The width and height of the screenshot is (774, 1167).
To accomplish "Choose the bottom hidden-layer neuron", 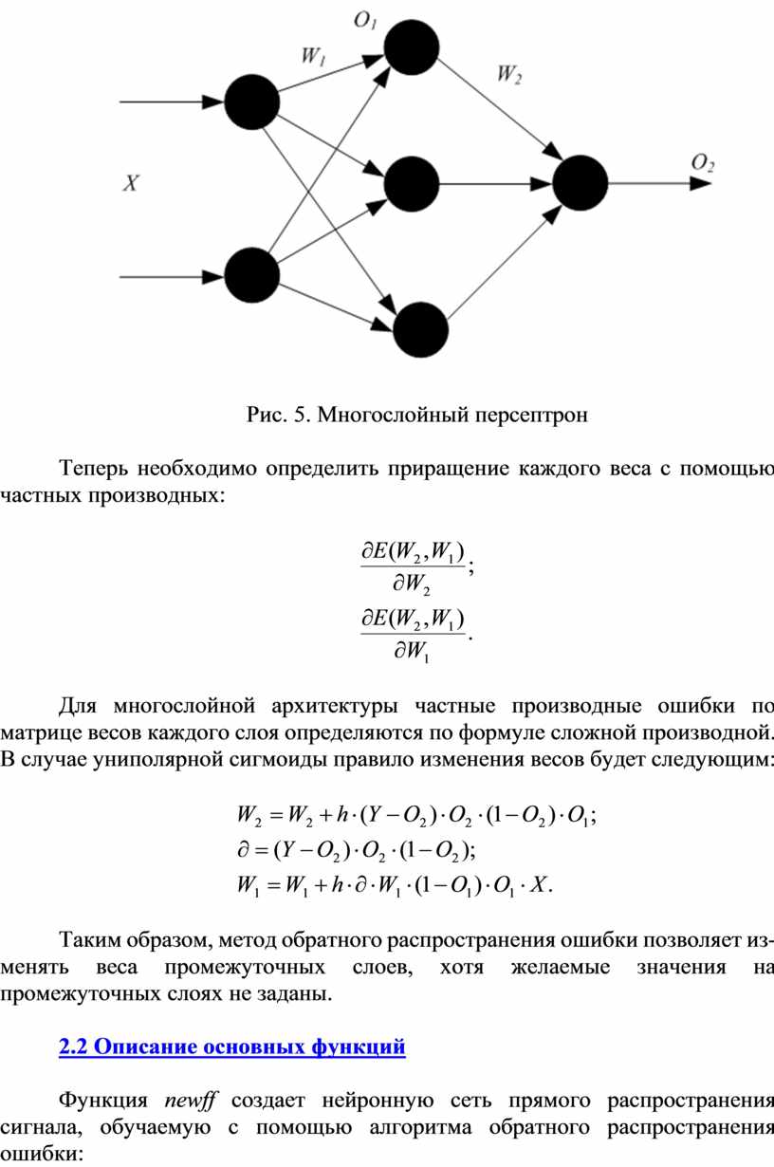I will (420, 329).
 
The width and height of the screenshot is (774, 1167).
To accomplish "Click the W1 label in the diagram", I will (313, 56).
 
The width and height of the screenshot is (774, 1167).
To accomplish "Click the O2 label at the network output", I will (703, 163).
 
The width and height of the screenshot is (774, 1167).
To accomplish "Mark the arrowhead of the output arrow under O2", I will (699, 182).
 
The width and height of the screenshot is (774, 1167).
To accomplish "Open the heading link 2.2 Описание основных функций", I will (232, 1047).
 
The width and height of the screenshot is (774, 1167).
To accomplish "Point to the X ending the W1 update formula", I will (540, 888).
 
